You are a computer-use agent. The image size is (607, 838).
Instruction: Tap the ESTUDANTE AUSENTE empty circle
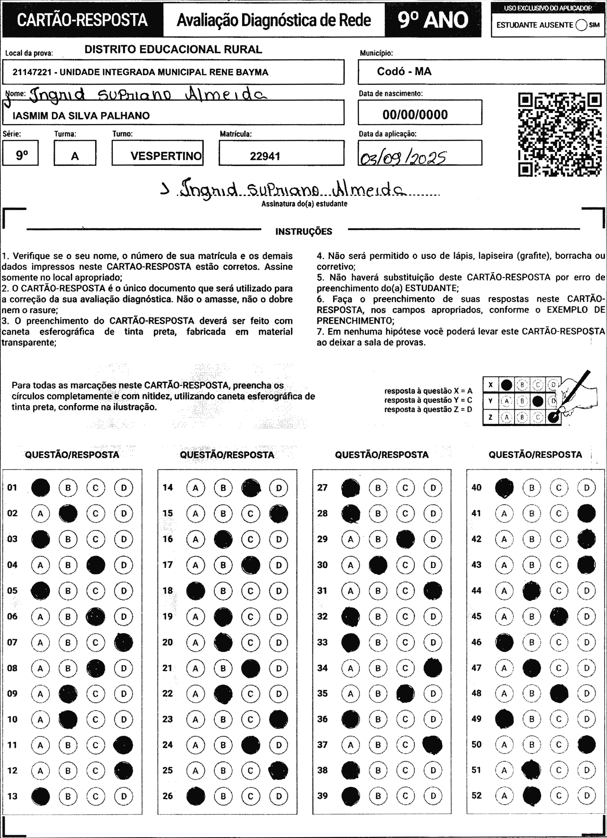581,25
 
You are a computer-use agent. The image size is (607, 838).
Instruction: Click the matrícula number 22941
265,156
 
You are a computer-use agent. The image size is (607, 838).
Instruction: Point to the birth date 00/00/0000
415,115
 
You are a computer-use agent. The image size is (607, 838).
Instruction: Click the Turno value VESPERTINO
166,156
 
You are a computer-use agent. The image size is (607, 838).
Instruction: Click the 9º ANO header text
433,20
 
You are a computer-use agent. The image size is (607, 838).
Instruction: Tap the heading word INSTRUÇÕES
304,232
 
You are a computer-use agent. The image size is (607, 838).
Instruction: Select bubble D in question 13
123,796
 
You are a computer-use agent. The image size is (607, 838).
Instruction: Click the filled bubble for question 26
196,796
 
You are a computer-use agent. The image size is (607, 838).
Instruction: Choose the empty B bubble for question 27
378,488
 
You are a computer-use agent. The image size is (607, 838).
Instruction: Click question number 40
476,488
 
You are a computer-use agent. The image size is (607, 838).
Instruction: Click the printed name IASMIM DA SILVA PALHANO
81,116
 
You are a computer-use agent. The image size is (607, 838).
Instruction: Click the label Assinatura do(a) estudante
304,204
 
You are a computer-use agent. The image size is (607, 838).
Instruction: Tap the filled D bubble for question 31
433,590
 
